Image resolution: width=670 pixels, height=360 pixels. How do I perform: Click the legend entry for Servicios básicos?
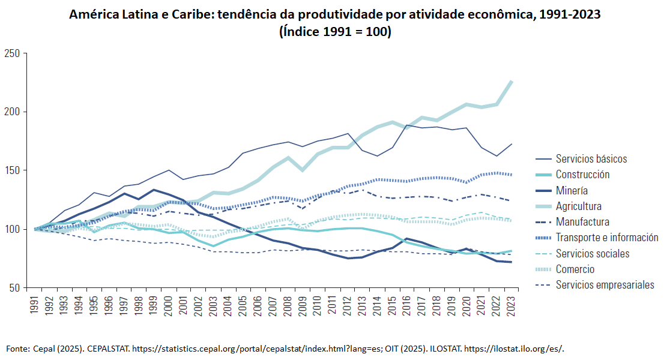click(x=591, y=159)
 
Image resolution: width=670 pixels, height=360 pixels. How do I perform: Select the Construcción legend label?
click(x=582, y=175)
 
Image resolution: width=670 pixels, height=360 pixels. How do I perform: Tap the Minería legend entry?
click(x=572, y=191)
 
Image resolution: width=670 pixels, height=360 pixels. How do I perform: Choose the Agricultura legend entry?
click(x=578, y=206)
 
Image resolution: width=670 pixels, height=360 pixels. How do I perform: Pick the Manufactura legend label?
click(x=582, y=222)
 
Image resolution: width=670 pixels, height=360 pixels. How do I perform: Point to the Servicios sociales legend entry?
click(x=593, y=254)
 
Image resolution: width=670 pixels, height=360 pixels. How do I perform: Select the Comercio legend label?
click(x=575, y=269)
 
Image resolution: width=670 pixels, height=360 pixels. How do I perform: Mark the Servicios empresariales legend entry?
click(x=605, y=285)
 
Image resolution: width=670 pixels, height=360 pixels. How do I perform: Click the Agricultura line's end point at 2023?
click(x=512, y=81)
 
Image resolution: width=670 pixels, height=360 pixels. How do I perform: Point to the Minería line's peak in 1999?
click(x=154, y=190)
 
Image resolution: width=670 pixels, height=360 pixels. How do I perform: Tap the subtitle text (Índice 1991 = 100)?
click(x=335, y=31)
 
